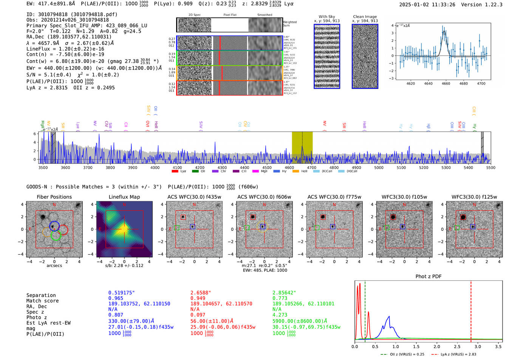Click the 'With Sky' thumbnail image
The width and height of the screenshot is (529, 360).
tap(327, 56)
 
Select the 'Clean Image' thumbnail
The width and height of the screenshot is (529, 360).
tap(365, 56)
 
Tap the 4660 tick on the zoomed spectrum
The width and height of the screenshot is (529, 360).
tap(446, 83)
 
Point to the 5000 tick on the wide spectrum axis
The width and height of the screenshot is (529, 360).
tap(379, 168)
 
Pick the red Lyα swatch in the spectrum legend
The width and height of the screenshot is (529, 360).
tap(175, 172)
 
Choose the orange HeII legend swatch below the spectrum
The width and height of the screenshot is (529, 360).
tap(295, 172)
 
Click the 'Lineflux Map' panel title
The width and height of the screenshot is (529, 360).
tap(124, 197)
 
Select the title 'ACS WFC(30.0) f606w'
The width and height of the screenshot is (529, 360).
tap(264, 197)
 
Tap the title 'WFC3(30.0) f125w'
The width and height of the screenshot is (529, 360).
tap(474, 197)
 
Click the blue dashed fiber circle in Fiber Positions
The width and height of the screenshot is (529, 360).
tap(54, 226)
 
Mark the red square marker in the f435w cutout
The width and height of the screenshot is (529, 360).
tap(183, 217)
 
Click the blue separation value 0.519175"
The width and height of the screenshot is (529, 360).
tap(122, 293)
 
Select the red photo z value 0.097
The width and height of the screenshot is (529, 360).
tap(198, 315)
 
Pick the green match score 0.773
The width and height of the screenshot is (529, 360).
tap(280, 298)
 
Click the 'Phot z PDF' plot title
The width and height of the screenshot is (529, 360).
tap(428, 277)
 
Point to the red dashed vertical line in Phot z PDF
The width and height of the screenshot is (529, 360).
tap(471, 310)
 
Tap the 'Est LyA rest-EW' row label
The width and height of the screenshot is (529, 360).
tap(48, 323)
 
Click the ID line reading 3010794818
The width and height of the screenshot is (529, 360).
tap(72, 14)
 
